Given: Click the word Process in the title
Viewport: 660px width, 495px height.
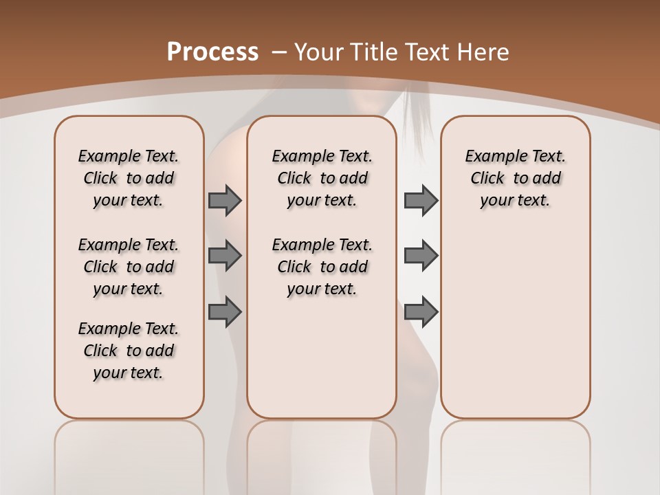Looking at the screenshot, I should coord(212,52).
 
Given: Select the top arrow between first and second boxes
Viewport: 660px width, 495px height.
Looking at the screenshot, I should coord(225,200).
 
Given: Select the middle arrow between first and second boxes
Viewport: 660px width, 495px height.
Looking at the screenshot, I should coord(225,256).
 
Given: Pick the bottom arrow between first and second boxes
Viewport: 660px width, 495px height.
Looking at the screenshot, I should coord(225,311).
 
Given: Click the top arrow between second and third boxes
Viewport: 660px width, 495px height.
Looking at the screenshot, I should coord(421,200).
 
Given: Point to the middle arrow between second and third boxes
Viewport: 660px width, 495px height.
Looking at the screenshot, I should coord(421,256).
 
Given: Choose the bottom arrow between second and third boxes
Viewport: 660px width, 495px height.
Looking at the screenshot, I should coord(421,311).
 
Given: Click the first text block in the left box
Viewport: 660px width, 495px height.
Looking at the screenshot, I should coord(129,178).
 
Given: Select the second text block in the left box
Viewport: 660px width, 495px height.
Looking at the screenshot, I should coord(129,267).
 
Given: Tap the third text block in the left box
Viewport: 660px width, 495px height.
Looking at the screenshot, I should coord(129,351).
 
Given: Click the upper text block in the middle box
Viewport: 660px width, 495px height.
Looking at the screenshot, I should coord(322,178).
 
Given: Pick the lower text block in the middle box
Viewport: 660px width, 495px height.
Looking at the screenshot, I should coord(322,267).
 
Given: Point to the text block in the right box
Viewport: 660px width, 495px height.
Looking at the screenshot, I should coord(515,178).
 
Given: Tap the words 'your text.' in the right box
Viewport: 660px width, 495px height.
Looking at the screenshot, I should coord(515,201).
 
